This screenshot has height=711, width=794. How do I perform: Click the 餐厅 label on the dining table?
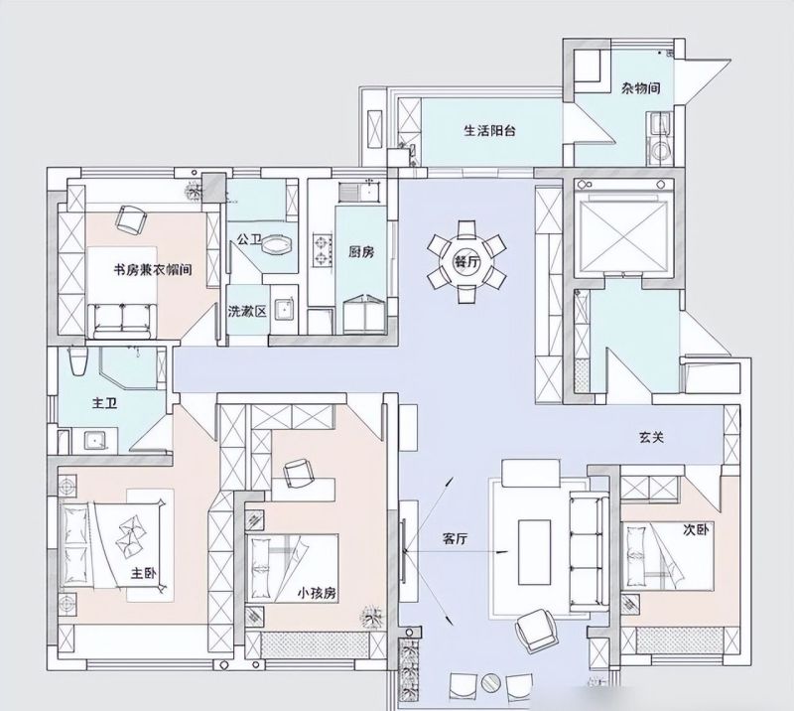[x=466, y=262]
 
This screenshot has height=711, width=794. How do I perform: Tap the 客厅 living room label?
[x=455, y=539]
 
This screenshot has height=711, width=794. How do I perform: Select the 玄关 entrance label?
[x=651, y=437]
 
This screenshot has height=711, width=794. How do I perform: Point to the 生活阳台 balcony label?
[x=489, y=131]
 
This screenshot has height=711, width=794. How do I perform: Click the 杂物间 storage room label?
[x=641, y=88]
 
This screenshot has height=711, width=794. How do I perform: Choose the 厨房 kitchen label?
[x=361, y=252]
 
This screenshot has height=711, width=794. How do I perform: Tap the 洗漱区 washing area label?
[x=247, y=311]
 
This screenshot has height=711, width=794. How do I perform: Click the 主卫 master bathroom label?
[x=105, y=403]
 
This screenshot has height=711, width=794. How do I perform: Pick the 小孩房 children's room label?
[x=317, y=593]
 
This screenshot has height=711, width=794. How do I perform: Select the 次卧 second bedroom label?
[x=697, y=530]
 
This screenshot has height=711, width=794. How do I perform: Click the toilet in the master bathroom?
[x=78, y=360]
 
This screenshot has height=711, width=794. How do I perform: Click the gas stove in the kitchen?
[x=322, y=250]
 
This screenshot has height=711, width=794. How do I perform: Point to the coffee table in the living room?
[x=534, y=552]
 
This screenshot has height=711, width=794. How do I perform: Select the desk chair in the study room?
[x=131, y=219]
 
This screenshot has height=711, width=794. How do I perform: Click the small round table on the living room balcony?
[x=490, y=682]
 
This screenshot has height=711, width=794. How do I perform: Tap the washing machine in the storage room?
[x=659, y=150]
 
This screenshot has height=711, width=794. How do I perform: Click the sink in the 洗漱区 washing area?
[x=285, y=309]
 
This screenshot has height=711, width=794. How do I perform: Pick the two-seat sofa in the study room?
[x=124, y=321]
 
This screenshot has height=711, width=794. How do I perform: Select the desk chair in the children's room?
[x=296, y=473]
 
